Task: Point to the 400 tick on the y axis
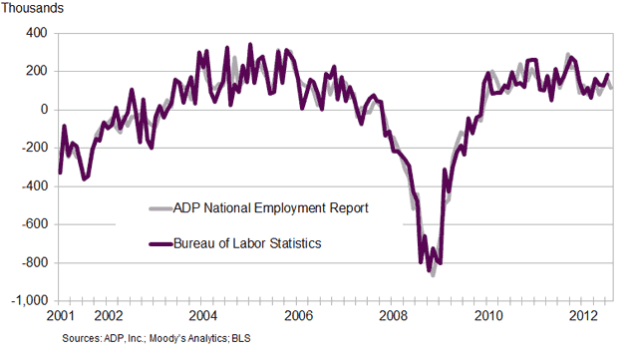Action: [36, 33]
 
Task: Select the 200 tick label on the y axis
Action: [36, 71]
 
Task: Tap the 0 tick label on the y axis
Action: [43, 110]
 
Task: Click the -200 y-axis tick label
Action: [34, 148]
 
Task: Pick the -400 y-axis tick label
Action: [34, 186]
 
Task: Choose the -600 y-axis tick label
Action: [34, 224]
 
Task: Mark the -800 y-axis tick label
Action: [34, 263]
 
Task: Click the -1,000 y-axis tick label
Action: [29, 301]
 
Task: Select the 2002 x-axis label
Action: [108, 316]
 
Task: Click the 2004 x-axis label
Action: [202, 316]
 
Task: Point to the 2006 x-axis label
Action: [298, 316]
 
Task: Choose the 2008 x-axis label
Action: [394, 316]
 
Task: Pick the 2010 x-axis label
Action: [488, 316]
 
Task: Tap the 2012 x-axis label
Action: [584, 316]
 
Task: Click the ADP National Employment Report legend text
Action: [271, 208]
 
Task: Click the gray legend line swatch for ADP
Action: [159, 208]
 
